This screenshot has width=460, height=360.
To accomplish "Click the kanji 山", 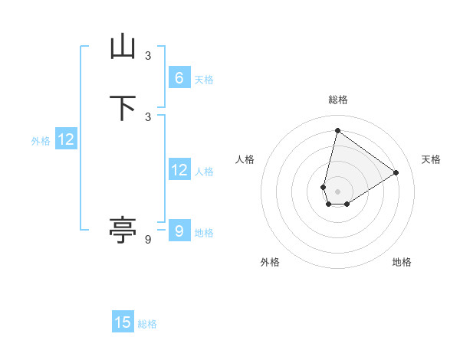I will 123,47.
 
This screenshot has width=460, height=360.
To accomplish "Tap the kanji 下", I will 123,108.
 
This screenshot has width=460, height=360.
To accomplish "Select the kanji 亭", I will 123,230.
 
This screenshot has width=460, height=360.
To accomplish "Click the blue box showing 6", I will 179,78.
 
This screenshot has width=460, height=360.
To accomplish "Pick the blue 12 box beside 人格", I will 179,170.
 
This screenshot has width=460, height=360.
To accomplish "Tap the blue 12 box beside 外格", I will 66,139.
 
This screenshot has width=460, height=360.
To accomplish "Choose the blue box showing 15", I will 123,322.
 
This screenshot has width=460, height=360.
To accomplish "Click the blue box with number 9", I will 179,231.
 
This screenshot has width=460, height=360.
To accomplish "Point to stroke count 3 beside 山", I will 148,55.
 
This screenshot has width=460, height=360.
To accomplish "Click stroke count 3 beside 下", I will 148,116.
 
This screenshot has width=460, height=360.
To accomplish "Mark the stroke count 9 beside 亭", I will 148,240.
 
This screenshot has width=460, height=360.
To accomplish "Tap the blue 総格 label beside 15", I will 147,324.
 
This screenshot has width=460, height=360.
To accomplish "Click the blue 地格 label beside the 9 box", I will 204,233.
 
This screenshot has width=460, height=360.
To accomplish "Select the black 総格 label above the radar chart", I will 337,100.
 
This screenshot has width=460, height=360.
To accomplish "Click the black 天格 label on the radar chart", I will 431,159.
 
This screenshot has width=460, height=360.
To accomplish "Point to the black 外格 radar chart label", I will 270,263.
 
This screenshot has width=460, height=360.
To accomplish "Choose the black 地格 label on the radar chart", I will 402,263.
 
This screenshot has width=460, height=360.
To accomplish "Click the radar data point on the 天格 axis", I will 396,172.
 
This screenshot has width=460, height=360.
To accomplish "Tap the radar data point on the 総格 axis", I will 337,130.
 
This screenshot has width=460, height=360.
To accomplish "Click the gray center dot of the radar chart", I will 337,191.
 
